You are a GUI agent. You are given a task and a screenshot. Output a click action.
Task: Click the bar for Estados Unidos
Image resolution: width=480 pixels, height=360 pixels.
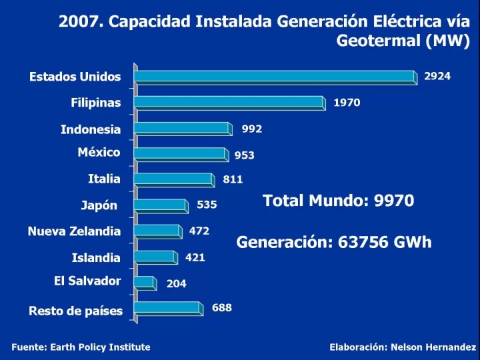275,77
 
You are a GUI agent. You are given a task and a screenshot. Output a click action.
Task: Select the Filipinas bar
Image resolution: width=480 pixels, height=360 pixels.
229,103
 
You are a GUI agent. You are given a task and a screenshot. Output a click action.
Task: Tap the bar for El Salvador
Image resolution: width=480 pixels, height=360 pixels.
144,282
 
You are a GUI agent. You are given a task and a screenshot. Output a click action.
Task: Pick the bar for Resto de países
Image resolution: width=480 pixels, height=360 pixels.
167,308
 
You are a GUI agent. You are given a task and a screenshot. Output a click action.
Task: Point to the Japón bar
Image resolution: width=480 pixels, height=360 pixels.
161,205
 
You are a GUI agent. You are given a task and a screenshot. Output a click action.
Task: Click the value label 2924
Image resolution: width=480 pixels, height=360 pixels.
437,76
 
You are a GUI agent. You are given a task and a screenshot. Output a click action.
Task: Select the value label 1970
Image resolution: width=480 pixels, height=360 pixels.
347,103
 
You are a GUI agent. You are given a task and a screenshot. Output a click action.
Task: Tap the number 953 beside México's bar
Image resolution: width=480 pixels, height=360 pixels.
244,155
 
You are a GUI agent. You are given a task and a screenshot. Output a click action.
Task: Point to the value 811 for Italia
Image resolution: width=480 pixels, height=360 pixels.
233,179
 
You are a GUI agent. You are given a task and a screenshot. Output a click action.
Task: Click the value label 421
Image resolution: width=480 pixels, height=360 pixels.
195,257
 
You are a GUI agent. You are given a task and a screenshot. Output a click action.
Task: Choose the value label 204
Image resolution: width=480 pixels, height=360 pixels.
177,283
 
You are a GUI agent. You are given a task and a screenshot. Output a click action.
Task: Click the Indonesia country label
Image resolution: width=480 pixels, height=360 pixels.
91,129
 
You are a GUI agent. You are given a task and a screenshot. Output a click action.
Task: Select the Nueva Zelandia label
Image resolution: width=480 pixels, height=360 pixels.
74,231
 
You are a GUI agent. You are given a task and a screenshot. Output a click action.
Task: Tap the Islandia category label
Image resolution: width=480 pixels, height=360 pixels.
96,257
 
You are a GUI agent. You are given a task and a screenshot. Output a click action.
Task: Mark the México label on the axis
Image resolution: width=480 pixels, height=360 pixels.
99,152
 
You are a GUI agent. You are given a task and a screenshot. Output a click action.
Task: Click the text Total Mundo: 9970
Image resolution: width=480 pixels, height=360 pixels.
338,201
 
